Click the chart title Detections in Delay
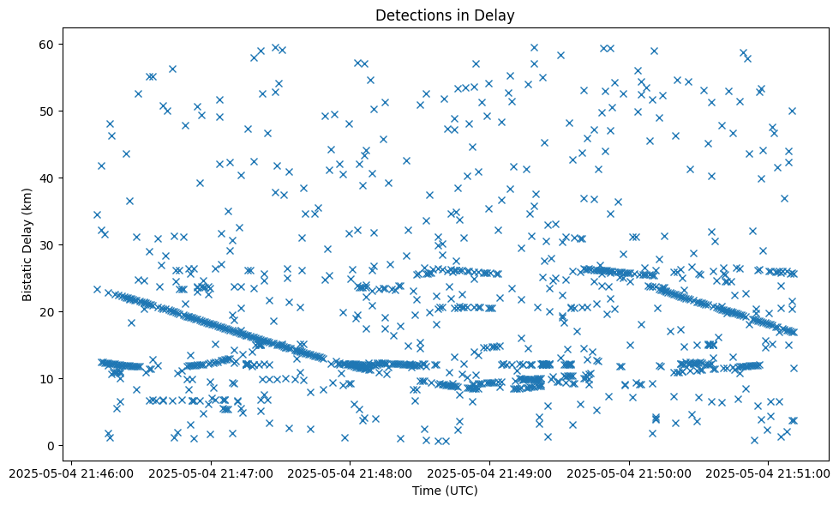445,15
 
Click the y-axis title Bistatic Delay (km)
27,244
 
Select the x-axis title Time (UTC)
445,491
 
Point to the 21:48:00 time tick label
350,472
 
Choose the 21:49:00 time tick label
489,472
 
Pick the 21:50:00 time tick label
629,472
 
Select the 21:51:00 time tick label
769,472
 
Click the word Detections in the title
410,15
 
